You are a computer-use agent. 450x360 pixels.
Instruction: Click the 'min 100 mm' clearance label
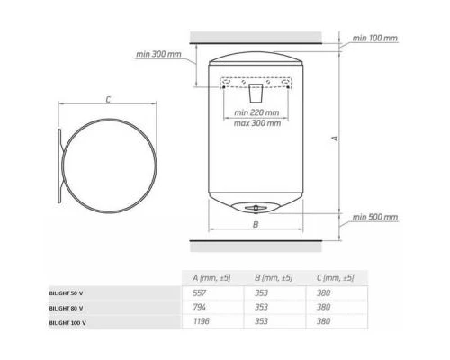click(374, 38)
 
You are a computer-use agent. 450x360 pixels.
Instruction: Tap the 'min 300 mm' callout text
click(158, 54)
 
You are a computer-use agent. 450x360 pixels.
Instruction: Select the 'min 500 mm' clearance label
click(375, 217)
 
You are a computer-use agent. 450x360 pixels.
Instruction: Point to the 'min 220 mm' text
click(256, 112)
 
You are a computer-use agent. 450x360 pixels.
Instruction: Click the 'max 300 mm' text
click(257, 123)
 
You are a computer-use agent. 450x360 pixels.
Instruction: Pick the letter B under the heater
click(256, 224)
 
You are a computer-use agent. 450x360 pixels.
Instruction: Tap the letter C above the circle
click(108, 99)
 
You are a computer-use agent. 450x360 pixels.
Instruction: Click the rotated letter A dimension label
click(335, 139)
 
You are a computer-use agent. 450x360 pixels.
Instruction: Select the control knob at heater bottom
click(256, 208)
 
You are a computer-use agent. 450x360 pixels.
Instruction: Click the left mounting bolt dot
click(224, 87)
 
